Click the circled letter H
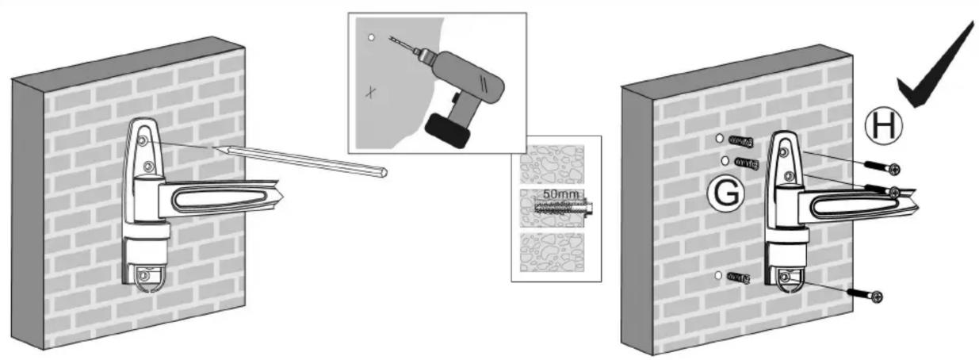[x=884, y=125]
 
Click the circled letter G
[x=726, y=193]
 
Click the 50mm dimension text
[x=561, y=193]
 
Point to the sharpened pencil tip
[x=214, y=149]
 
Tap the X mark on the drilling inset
[x=371, y=92]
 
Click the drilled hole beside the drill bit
[x=372, y=37]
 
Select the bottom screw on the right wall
[x=865, y=295]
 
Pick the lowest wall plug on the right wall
[x=739, y=278]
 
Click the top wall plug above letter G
[x=741, y=141]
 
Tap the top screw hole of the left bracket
[x=143, y=140]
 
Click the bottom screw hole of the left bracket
[x=143, y=276]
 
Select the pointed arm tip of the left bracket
[x=283, y=196]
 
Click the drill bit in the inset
[x=400, y=44]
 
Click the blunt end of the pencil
[x=384, y=172]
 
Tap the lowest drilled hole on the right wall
[x=718, y=276]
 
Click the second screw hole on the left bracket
[x=148, y=167]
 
